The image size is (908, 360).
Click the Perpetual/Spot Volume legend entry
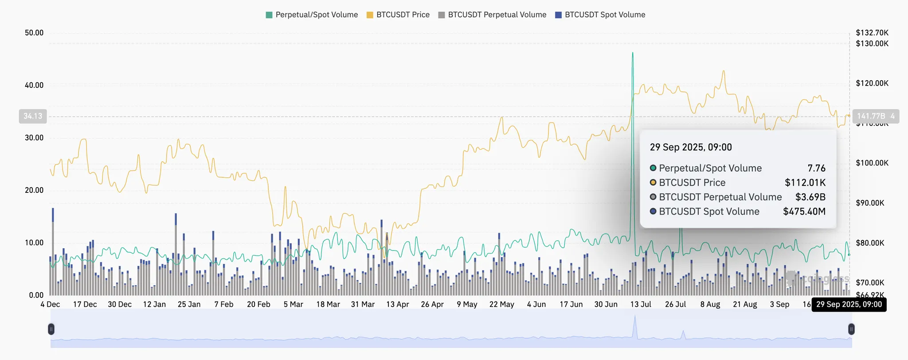(x=312, y=15)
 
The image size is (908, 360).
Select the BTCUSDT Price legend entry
(x=398, y=15)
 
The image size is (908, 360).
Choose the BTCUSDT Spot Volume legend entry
(x=600, y=15)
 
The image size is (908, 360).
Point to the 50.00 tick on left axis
(x=34, y=33)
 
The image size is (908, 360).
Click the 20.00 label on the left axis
(x=34, y=190)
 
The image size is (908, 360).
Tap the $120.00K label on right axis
(x=872, y=83)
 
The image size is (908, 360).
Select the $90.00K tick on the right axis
(x=870, y=203)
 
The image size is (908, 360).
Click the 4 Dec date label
(x=50, y=304)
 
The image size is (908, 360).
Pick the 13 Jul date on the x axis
(x=641, y=304)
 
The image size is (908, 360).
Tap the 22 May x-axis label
(x=501, y=304)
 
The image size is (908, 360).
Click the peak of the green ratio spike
(x=633, y=53)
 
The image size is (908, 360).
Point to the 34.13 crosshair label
(x=33, y=116)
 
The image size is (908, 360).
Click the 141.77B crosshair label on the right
(x=871, y=116)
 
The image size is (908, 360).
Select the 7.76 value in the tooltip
(x=816, y=168)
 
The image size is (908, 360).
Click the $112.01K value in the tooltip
(x=805, y=183)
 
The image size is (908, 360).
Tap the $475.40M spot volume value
(x=804, y=211)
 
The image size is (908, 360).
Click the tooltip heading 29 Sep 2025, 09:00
(x=691, y=147)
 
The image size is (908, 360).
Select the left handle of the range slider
(x=51, y=329)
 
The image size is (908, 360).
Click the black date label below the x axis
(x=849, y=305)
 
